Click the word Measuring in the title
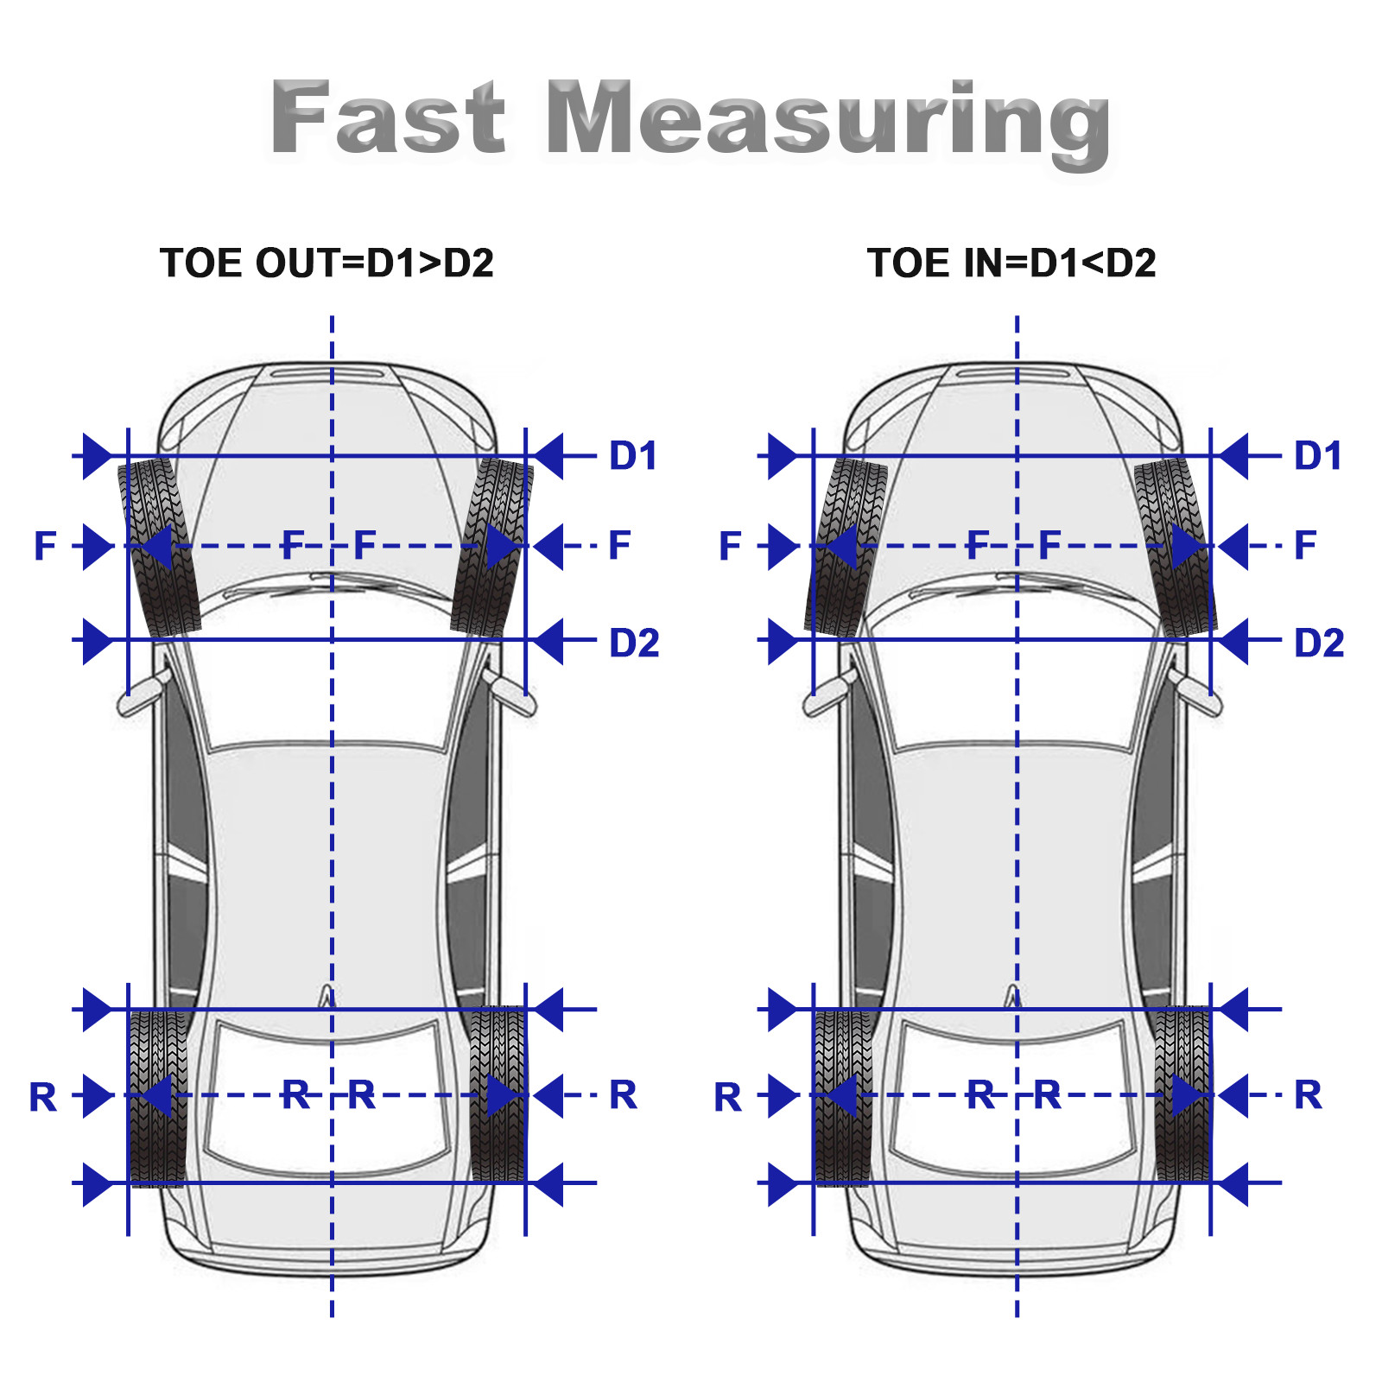point(828,124)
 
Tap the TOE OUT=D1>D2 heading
point(326,263)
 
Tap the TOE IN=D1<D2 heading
point(1011,263)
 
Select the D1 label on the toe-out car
point(633,455)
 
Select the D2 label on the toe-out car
point(634,643)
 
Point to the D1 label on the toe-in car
point(1317,455)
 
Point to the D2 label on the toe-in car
point(1319,643)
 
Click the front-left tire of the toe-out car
point(159,547)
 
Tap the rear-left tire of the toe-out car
point(156,1097)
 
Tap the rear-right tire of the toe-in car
point(1183,1095)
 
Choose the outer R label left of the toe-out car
point(43,1097)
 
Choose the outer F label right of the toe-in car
point(1305,545)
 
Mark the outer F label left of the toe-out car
point(45,546)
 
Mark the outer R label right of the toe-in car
point(1308,1094)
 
